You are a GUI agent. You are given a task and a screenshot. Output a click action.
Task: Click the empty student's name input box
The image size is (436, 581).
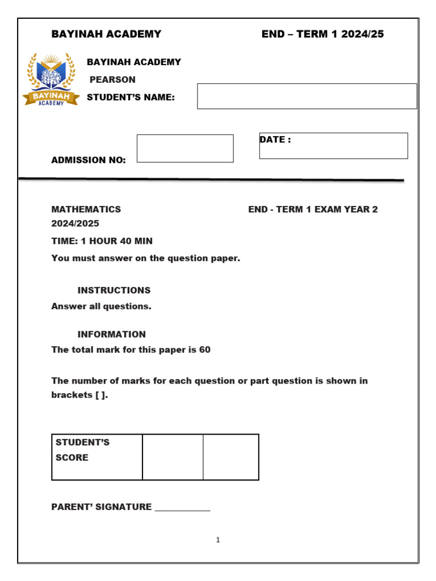307,96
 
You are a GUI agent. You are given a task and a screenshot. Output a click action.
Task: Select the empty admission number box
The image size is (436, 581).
185,149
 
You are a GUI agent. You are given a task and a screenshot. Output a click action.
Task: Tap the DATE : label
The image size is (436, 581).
275,140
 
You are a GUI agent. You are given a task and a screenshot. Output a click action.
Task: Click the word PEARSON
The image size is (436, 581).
112,79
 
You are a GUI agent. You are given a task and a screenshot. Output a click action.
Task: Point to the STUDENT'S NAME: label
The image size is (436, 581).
131,98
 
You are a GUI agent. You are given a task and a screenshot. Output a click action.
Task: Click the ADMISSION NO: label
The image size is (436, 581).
89,160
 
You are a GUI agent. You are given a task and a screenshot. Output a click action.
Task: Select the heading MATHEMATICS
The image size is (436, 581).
86,209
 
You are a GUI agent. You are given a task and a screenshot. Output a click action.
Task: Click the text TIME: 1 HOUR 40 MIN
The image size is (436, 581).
102,241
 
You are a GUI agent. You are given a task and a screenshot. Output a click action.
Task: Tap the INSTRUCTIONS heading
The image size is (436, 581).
114,290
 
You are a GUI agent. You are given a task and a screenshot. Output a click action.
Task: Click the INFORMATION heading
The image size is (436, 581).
112,334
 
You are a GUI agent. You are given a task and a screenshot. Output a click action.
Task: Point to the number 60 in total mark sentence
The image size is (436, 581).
204,350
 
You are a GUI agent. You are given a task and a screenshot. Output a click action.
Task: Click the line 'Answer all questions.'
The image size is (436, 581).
102,306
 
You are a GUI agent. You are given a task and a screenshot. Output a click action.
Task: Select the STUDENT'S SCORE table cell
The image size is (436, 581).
97,457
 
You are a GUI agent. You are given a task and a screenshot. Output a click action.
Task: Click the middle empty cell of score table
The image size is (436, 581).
173,457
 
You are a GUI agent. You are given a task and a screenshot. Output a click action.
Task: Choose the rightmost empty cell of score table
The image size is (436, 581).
231,457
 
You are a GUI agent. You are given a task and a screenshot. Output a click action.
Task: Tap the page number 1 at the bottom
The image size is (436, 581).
218,540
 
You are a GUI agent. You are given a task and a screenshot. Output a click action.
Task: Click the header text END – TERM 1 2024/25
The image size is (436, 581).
322,34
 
